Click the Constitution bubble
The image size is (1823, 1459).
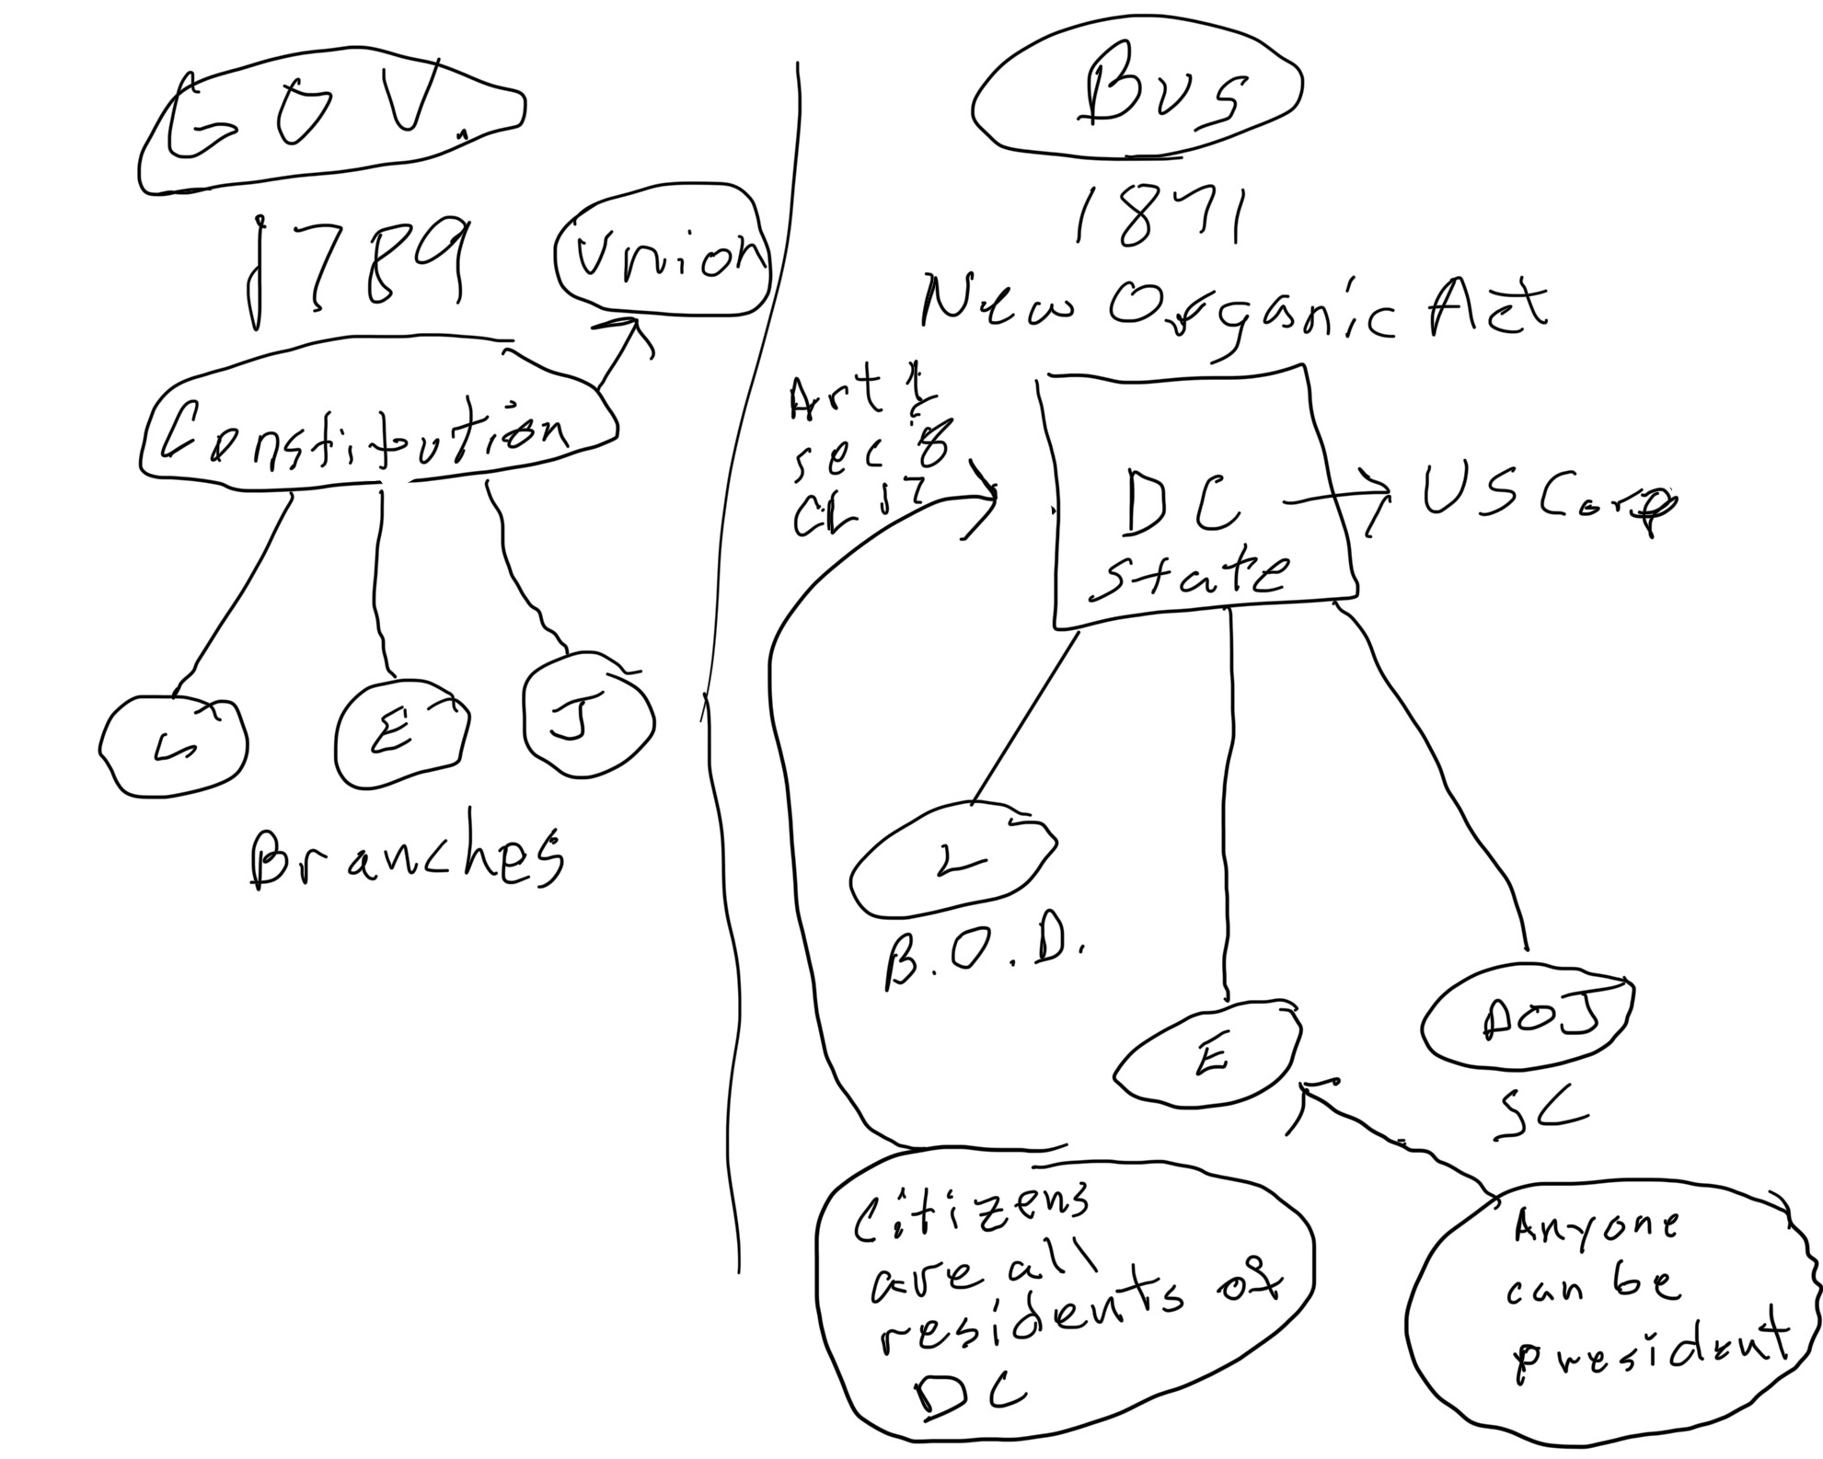pos(377,428)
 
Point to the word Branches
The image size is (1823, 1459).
pos(405,860)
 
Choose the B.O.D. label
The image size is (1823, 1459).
pos(980,961)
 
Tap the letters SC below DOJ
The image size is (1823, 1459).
pos(1537,1113)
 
